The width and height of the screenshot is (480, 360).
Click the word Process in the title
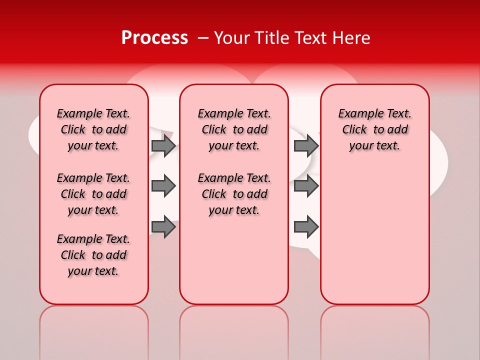(x=154, y=38)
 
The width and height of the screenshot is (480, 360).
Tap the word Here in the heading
(x=352, y=38)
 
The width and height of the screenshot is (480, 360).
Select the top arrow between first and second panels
(x=163, y=145)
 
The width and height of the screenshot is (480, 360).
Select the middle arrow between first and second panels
(x=163, y=186)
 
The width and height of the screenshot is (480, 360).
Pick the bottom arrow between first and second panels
(x=163, y=227)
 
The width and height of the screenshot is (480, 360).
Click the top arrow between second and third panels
(x=306, y=145)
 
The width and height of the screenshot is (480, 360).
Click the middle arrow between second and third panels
(x=306, y=186)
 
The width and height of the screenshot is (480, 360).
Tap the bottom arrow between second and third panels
(x=306, y=227)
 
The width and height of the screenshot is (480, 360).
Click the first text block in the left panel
(x=93, y=129)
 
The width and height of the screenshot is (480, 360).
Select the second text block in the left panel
(x=93, y=194)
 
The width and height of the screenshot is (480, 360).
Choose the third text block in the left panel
(x=93, y=255)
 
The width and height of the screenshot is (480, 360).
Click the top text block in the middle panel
(x=234, y=129)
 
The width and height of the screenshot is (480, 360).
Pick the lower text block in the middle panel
(x=234, y=194)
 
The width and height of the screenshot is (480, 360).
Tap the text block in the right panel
(x=375, y=129)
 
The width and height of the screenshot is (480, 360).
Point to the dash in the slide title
(x=202, y=38)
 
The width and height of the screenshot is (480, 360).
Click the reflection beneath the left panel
(x=94, y=330)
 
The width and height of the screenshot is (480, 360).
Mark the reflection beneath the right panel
(x=375, y=330)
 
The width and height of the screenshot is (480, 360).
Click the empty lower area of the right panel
(x=375, y=240)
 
